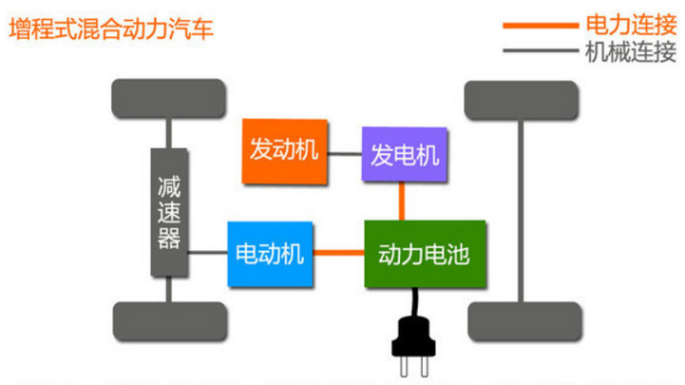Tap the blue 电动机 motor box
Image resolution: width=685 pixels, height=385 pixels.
tap(270, 254)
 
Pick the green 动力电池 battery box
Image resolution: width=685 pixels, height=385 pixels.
tap(425, 254)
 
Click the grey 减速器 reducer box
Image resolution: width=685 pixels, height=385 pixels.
tap(169, 212)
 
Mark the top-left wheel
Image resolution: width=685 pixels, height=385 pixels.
tap(169, 98)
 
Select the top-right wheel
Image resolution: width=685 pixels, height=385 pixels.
tap(521, 98)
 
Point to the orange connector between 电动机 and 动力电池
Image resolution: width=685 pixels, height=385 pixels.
tap(339, 253)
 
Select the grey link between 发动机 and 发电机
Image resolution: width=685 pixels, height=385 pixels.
tap(345, 152)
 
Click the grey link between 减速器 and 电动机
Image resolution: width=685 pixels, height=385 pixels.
tap(207, 253)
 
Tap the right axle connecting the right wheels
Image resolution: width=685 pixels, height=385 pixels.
tap(521, 209)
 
